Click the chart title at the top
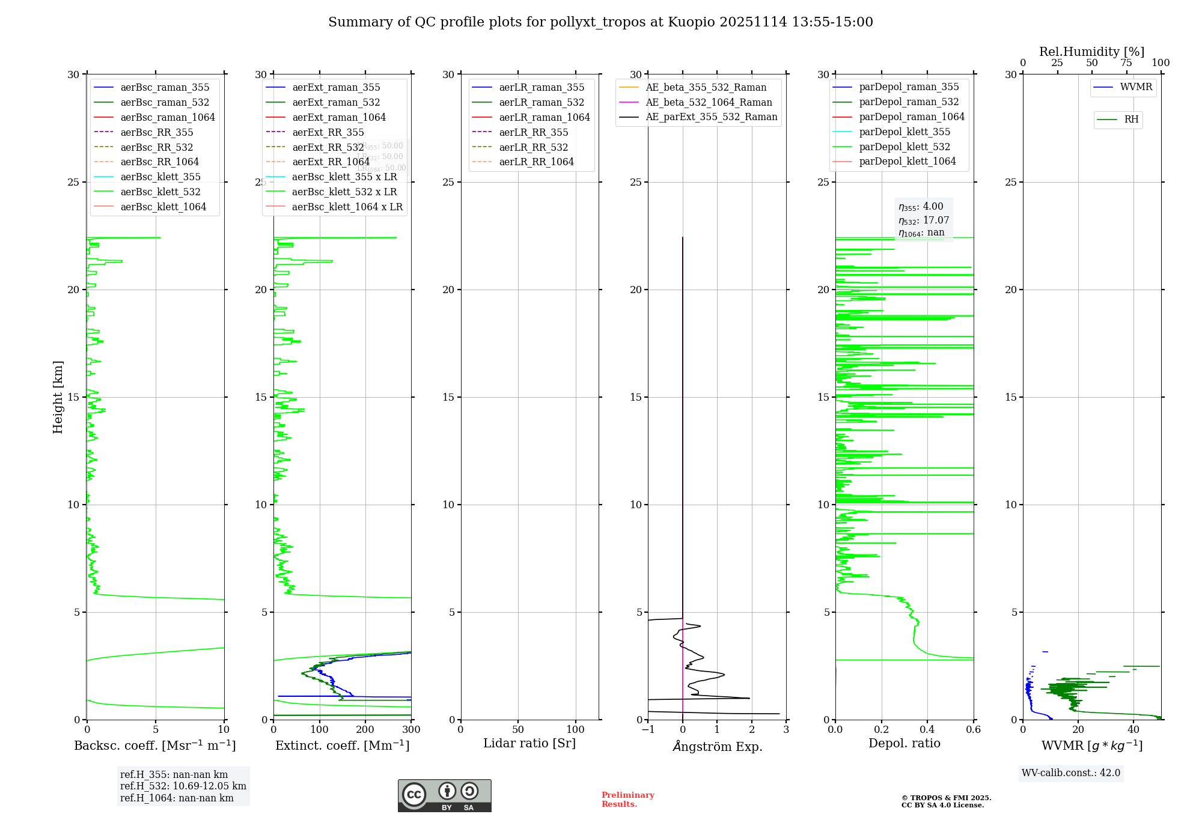(x=600, y=22)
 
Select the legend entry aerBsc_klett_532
(x=160, y=192)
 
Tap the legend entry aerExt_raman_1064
(x=339, y=117)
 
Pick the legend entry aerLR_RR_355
(x=533, y=132)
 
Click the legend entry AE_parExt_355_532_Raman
(x=711, y=117)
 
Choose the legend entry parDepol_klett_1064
(x=907, y=161)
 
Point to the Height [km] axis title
(x=58, y=396)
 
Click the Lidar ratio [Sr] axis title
(x=529, y=743)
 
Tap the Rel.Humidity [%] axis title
(x=1091, y=52)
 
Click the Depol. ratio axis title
(x=904, y=743)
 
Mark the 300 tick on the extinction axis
(x=411, y=729)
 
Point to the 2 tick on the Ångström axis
(x=751, y=729)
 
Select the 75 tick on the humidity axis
(x=1126, y=63)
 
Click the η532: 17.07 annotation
(x=923, y=220)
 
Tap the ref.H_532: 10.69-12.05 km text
(x=183, y=786)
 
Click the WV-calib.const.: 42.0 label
(x=1070, y=773)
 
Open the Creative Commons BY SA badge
(x=444, y=795)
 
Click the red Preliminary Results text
(x=627, y=799)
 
